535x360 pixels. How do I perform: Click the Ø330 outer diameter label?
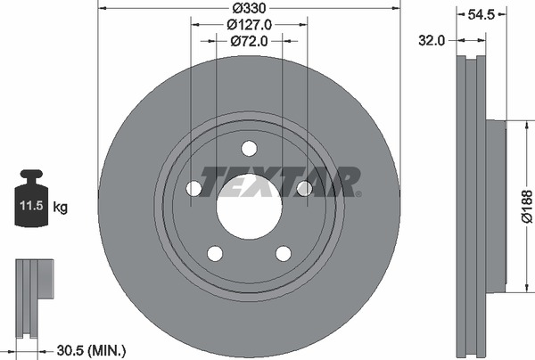(249, 8)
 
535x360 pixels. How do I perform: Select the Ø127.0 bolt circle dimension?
(250, 25)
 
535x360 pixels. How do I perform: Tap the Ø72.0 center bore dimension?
(250, 41)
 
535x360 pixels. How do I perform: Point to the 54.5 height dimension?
(481, 14)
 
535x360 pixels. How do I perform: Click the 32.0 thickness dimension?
(432, 41)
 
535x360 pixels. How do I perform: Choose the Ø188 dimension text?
(527, 207)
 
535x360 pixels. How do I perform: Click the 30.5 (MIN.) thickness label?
(91, 350)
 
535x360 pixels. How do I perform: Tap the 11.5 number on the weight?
(31, 206)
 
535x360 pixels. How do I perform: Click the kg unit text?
(61, 207)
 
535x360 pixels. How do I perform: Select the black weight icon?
(31, 198)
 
